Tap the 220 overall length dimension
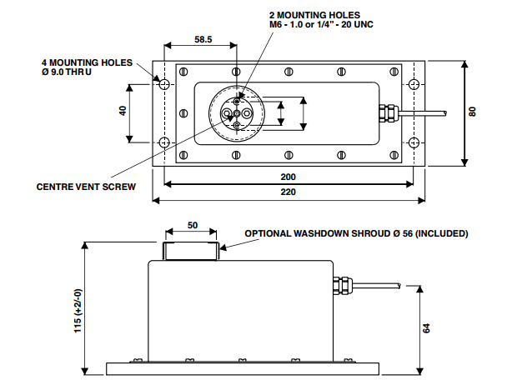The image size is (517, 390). pos(289,192)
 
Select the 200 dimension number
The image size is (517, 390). pos(289,177)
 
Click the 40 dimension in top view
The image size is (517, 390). pos(123,112)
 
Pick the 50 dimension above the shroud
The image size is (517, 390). pos(191,225)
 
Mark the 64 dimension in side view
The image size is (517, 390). pos(426,327)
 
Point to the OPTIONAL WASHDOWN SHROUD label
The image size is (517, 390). pos(356,233)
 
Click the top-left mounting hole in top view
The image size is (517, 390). pos(164,85)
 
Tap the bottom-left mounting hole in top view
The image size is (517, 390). pos(164,141)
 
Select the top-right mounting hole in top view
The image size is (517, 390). pos(414,85)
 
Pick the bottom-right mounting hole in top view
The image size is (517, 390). pos(414,141)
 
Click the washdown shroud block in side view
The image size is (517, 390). pos(191,249)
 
